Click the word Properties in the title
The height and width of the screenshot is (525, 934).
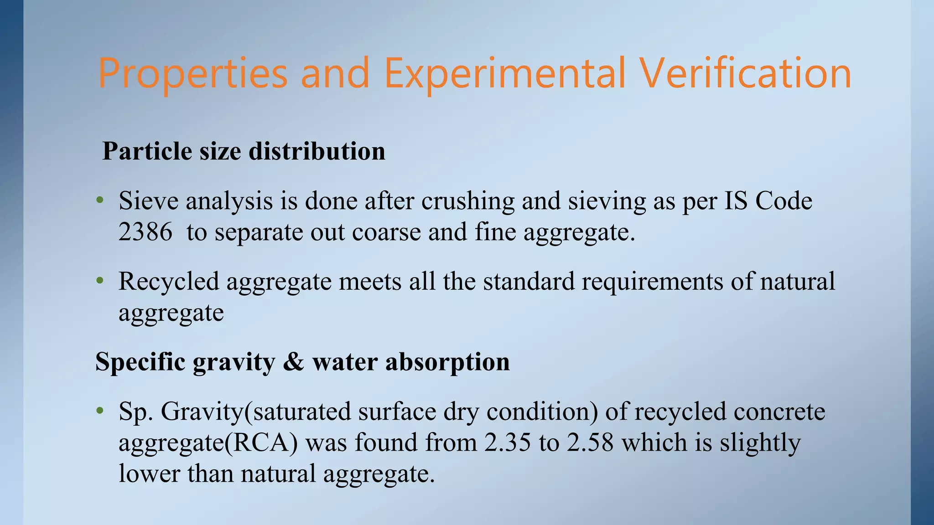click(192, 74)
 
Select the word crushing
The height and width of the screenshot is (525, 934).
click(468, 201)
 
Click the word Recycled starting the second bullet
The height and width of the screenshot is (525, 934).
click(169, 282)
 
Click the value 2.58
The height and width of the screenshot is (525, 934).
click(590, 443)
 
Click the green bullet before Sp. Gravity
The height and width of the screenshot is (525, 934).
click(100, 411)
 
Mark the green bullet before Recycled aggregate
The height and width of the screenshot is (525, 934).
click(100, 281)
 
